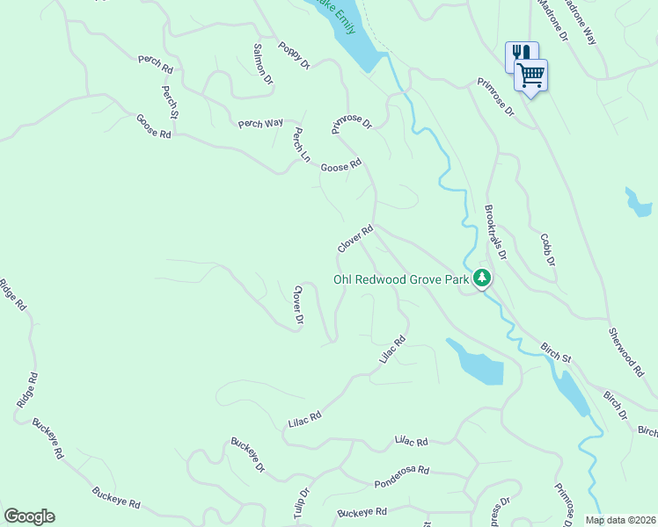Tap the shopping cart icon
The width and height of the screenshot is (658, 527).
531,76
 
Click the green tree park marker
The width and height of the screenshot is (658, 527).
481,278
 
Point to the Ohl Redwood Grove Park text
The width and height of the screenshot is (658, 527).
400,280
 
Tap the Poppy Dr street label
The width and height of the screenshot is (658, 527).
295,55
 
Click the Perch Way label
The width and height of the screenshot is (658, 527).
260,124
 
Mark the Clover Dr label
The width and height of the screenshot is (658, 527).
298,306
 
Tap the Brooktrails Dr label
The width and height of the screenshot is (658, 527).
496,233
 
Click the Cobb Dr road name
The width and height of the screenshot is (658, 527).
548,249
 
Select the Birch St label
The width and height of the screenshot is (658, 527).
556,352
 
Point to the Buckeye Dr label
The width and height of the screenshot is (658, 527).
248,454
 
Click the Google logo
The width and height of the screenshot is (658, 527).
29,516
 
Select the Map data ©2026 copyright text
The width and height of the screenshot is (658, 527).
620,520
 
